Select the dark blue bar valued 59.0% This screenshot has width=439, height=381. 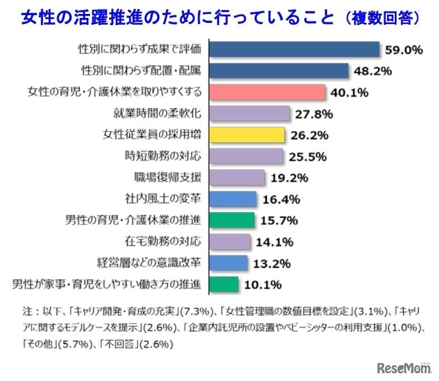(294, 49)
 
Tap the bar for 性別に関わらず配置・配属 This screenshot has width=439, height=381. (279, 70)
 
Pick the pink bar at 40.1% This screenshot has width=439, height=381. (267, 92)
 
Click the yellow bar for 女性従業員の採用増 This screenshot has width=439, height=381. (247, 135)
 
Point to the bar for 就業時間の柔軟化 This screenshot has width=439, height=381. (249, 114)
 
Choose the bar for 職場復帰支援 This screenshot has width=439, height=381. (237, 177)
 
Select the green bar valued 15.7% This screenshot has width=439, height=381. (232, 220)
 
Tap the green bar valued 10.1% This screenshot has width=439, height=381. (224, 284)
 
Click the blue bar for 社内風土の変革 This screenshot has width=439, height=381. (233, 199)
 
